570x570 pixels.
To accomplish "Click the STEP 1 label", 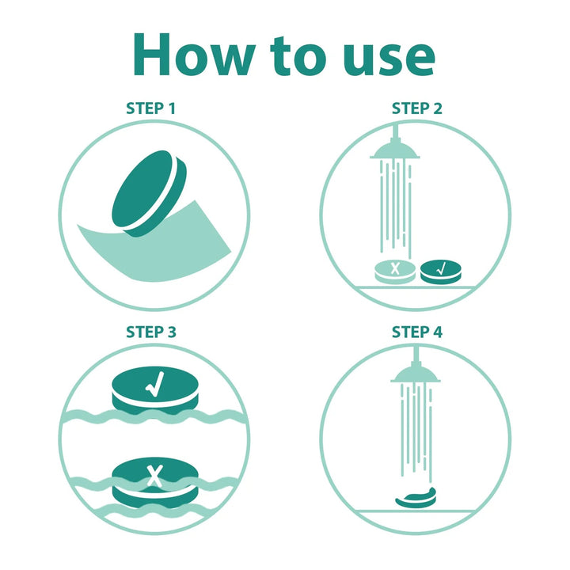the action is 151,108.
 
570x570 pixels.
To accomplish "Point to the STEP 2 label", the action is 417,108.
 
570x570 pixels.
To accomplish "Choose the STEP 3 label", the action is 151,332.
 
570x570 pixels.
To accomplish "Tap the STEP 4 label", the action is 417,332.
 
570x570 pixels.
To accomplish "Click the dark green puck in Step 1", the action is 149,193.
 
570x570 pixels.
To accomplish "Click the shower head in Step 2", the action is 395,150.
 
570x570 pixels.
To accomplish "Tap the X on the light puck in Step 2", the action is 395,268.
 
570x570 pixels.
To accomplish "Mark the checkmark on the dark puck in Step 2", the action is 441,269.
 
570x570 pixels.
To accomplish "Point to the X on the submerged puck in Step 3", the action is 155,476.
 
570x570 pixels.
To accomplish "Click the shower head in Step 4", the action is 416,373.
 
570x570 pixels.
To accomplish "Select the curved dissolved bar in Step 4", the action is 416,497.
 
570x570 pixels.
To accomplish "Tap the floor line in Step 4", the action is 415,511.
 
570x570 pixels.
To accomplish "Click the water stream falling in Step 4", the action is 416,432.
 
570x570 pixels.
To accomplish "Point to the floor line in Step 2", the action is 415,287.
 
